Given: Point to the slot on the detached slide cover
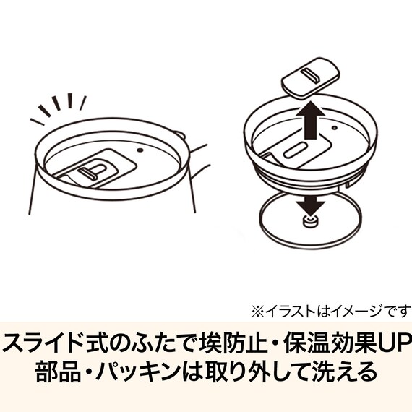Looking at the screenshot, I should point(312,74).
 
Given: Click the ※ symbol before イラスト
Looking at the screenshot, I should point(257,312).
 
